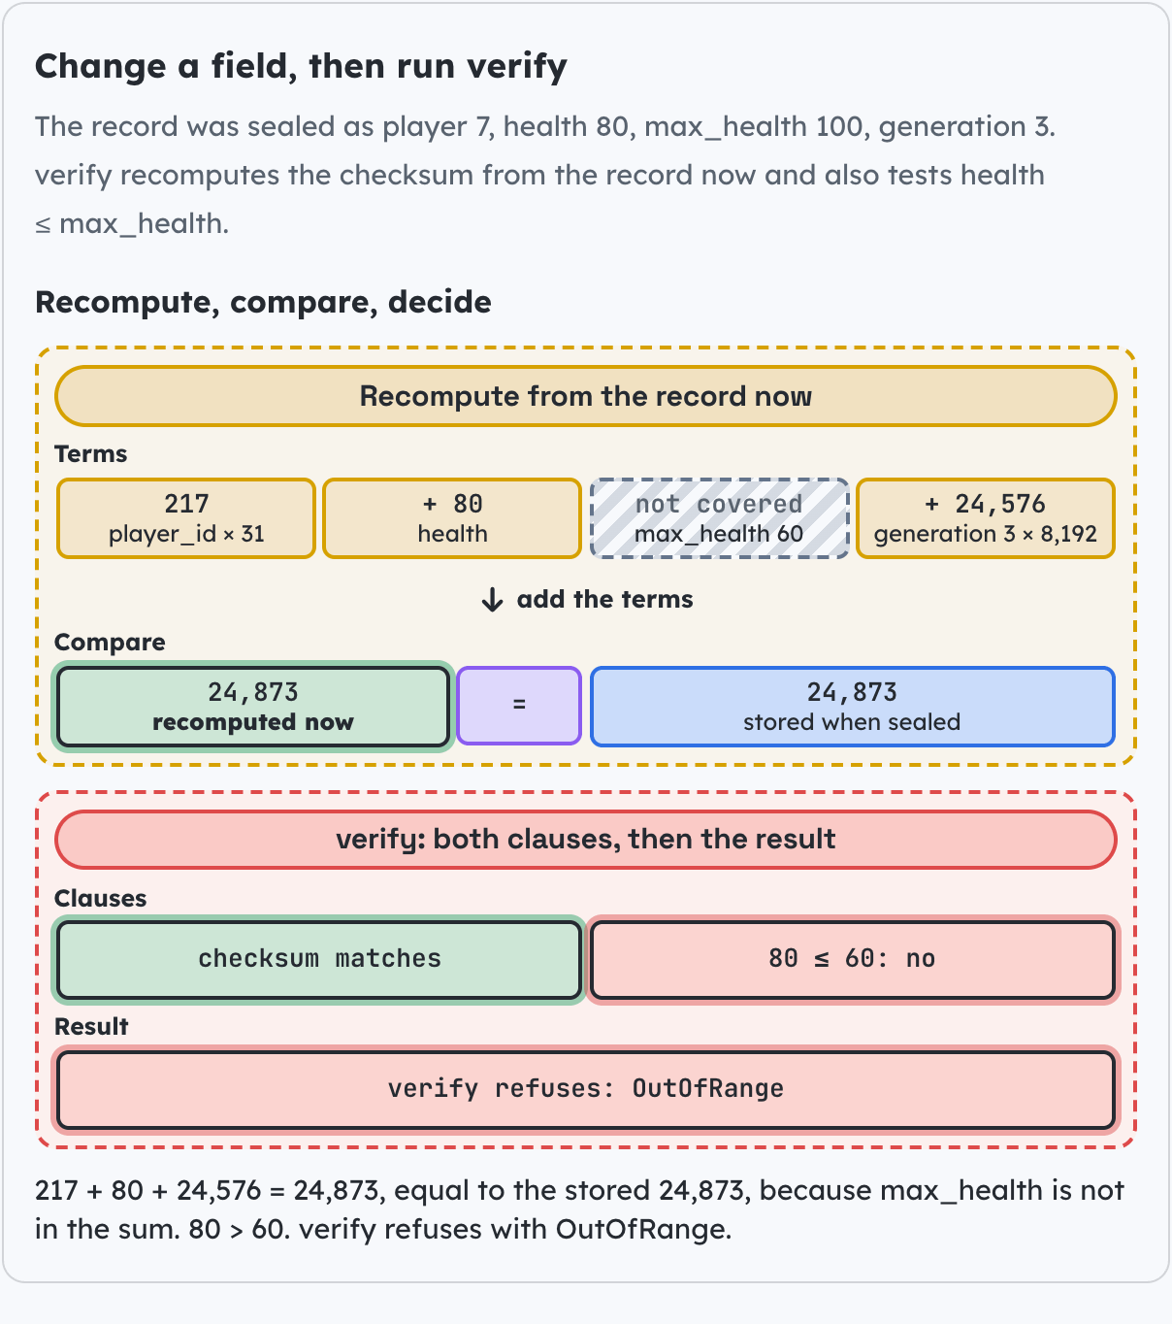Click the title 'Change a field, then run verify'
click(301, 67)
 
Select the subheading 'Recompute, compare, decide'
click(263, 302)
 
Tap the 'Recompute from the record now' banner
click(585, 396)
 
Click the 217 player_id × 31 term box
click(186, 518)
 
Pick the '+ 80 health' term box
click(452, 518)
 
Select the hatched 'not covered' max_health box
click(719, 518)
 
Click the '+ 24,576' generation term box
click(985, 518)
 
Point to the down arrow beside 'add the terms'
click(493, 599)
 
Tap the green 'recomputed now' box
click(253, 707)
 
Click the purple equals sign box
click(519, 706)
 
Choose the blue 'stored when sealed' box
click(852, 706)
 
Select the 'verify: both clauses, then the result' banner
click(585, 840)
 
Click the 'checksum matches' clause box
click(319, 959)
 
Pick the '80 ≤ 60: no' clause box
click(852, 959)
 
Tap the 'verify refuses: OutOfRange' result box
click(585, 1089)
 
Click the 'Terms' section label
click(91, 453)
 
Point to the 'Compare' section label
click(110, 643)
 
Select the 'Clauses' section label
click(101, 898)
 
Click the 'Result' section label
click(91, 1027)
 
